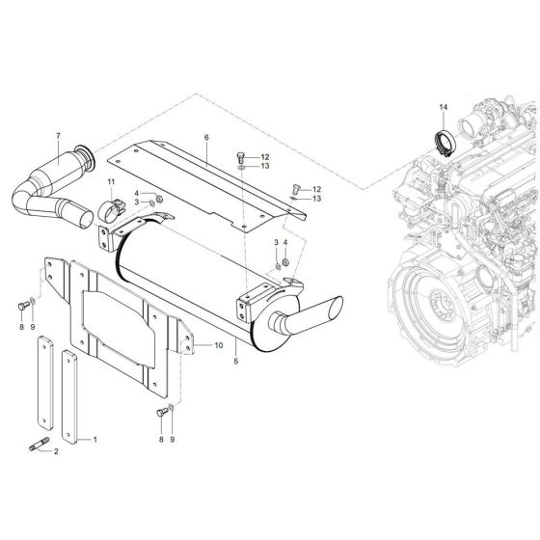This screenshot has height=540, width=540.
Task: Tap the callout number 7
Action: click(58, 135)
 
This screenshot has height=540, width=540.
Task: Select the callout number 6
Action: click(206, 138)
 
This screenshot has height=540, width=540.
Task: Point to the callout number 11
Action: click(111, 182)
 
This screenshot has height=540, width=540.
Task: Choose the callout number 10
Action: click(219, 344)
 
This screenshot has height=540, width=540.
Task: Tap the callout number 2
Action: click(56, 451)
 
